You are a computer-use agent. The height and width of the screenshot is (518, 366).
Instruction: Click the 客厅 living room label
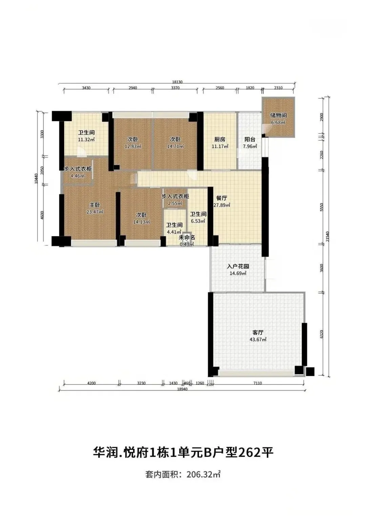258,333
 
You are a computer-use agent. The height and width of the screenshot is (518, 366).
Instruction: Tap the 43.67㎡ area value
258,339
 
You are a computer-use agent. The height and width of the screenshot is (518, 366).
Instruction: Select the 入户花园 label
238,266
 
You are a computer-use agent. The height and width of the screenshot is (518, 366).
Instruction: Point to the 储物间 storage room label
278,115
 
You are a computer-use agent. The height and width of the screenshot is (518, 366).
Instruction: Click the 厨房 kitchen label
220,139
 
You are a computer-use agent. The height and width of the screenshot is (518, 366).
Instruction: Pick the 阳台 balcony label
250,139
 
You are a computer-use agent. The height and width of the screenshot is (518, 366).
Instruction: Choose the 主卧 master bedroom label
95,205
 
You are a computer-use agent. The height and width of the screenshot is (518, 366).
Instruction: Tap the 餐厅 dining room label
222,198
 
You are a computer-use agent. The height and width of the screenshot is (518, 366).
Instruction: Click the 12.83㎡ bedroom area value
133,146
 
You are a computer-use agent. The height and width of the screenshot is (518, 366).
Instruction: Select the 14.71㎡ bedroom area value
176,146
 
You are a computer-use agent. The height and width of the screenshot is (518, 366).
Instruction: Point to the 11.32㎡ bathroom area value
86,140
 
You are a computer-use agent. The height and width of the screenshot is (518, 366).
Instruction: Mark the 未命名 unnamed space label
187,238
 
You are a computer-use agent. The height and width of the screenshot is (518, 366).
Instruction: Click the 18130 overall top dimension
177,82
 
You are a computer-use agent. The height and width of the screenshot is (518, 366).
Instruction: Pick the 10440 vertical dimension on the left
36,179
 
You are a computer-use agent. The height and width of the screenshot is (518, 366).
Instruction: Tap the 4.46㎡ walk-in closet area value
78,176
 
